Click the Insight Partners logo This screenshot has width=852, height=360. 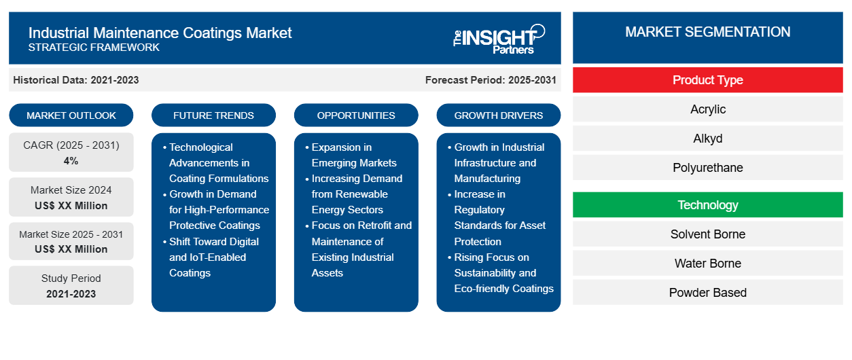tap(498, 39)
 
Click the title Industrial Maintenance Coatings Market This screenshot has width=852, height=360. tap(160, 32)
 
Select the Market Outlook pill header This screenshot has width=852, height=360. tap(71, 115)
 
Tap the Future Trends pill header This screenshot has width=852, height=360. tap(213, 115)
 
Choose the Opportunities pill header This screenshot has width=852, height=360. tap(356, 115)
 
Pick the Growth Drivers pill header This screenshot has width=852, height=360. tap(499, 115)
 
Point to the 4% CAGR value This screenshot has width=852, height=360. tap(71, 161)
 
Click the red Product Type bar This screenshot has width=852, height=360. tap(707, 80)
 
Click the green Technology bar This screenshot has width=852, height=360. tap(707, 205)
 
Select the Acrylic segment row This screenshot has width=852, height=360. tap(707, 109)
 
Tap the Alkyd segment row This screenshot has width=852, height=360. tap(707, 139)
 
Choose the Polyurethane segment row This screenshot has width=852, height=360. tap(707, 168)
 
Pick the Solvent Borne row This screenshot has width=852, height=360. tap(707, 234)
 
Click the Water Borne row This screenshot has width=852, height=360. tap(707, 264)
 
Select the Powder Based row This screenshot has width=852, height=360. tap(707, 293)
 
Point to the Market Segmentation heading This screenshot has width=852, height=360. tap(707, 32)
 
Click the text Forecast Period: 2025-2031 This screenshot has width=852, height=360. tap(491, 80)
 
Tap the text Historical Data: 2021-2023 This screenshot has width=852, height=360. tap(76, 80)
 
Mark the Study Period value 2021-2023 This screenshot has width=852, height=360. tap(71, 294)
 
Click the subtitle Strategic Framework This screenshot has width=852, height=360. tap(94, 48)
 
